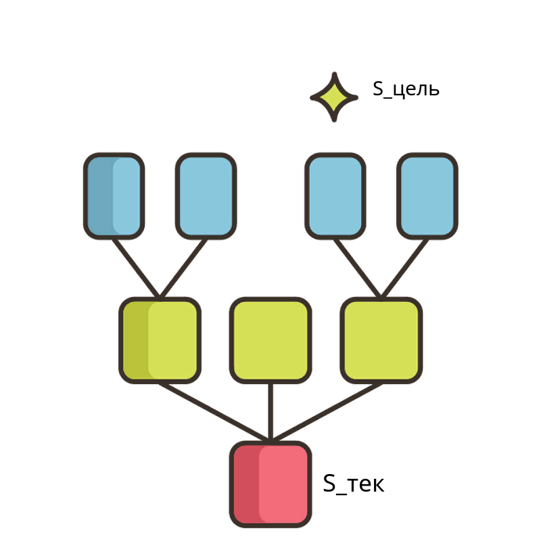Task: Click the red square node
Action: [270, 484]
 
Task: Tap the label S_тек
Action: [353, 484]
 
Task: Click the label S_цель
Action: [406, 89]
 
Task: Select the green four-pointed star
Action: [334, 97]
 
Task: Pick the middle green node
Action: [270, 340]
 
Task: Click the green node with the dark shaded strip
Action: [160, 340]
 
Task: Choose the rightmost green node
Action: [381, 340]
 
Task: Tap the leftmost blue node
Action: [114, 196]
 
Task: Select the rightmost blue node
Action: [427, 196]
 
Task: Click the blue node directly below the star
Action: [335, 196]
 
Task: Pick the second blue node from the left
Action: [206, 196]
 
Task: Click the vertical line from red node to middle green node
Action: [270, 413]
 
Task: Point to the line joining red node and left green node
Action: [214, 413]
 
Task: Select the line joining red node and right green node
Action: [327, 413]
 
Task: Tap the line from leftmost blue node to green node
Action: [137, 268]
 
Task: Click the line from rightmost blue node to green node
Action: [404, 268]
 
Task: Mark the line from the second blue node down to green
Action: [183, 268]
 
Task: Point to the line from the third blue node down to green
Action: [358, 268]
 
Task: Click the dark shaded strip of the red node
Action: [247, 484]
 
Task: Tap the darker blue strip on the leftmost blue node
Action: [100, 196]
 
